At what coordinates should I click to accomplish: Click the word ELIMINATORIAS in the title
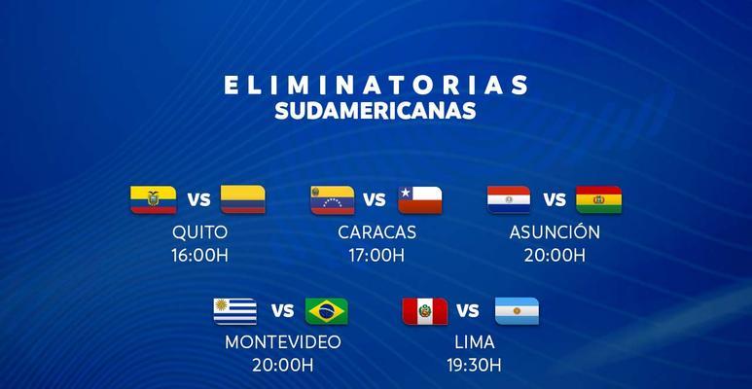tap(376, 85)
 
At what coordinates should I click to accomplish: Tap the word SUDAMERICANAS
tap(376, 110)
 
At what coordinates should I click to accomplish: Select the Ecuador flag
tap(154, 199)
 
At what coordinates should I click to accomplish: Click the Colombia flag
tap(242, 199)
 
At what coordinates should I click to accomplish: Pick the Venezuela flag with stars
tap(333, 199)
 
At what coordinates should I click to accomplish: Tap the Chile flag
tap(420, 199)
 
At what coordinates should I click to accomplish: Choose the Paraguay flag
tap(509, 199)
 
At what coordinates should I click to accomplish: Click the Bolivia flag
tap(598, 199)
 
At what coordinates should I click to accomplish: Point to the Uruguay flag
tap(235, 311)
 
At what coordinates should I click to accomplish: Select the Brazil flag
tap(327, 311)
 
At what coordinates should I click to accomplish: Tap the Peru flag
tap(425, 311)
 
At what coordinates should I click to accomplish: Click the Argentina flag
tap(517, 311)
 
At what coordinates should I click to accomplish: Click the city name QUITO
tap(200, 232)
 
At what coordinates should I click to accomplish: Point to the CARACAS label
tap(376, 232)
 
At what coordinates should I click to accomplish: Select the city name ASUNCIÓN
tap(555, 230)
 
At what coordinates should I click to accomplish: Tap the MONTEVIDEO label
tap(283, 342)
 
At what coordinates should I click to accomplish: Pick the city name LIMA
tap(475, 342)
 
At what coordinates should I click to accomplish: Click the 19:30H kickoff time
tap(475, 366)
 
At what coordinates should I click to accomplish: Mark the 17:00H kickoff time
tap(376, 256)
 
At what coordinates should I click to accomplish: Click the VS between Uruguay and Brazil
tap(282, 311)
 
